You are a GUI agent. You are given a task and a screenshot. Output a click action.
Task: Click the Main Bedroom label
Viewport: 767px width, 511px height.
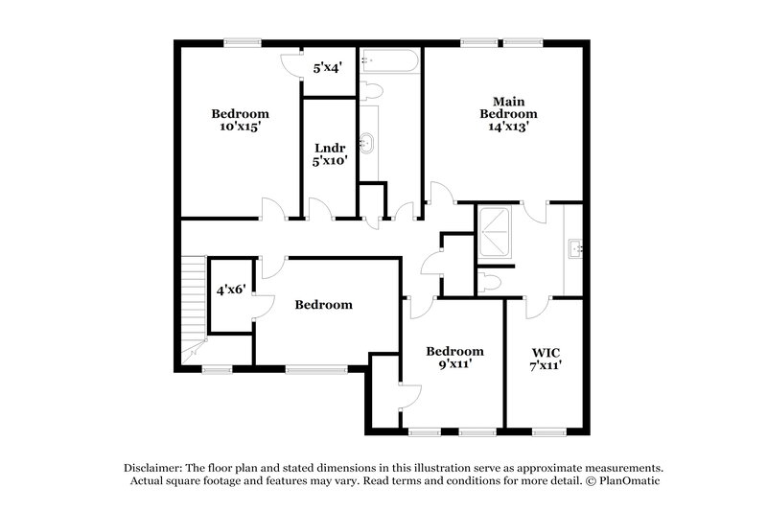tap(508, 107)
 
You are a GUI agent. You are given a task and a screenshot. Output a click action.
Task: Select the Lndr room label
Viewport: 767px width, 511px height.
tap(330, 148)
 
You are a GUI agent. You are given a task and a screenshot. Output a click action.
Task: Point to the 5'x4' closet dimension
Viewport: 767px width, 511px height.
tap(329, 69)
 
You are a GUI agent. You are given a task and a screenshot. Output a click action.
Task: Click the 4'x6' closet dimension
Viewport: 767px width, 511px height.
tap(231, 288)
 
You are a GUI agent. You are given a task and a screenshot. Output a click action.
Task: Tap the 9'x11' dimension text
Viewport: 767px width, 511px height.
tap(454, 364)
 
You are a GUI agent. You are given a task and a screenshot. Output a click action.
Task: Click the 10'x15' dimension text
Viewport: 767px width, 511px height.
tap(240, 126)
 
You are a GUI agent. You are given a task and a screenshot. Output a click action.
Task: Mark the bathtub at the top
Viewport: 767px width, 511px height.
tap(388, 65)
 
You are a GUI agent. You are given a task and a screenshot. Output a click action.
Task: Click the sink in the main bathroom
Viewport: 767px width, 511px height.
tap(576, 248)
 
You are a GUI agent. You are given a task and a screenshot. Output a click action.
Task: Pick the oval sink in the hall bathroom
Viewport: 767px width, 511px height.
tap(368, 145)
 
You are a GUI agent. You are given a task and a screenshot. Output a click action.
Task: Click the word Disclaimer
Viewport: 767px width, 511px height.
tap(155, 466)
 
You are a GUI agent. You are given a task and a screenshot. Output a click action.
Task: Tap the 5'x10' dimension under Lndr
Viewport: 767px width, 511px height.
tap(330, 162)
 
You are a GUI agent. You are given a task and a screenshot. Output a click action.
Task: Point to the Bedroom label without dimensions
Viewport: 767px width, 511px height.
tap(323, 305)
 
